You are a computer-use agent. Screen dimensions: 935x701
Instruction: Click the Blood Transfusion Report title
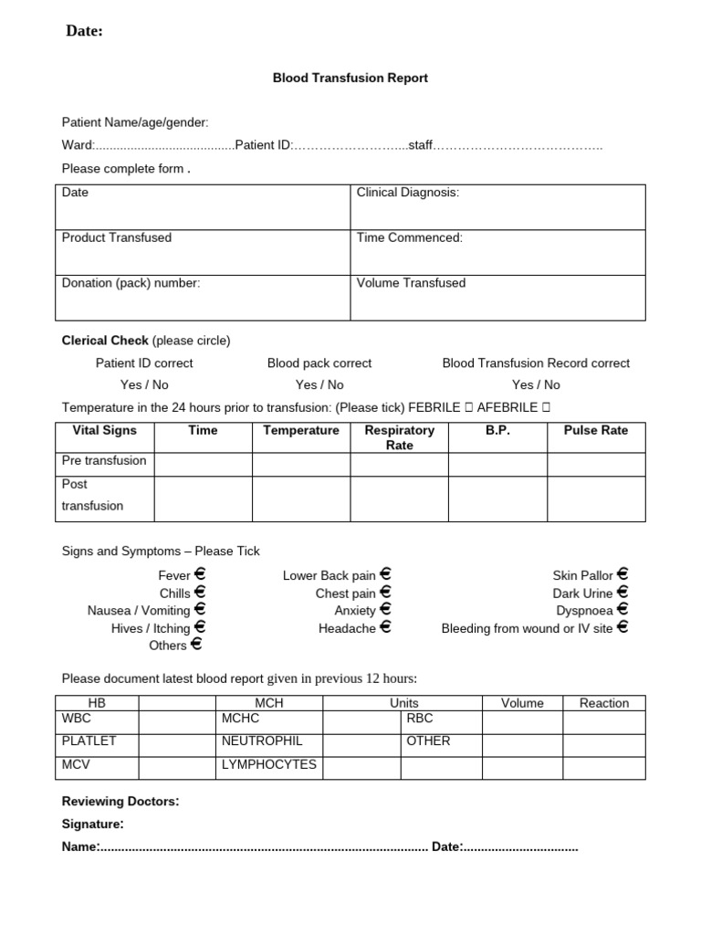[350, 79]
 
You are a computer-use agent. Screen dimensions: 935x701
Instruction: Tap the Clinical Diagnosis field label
[407, 193]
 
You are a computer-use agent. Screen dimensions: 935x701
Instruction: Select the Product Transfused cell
[117, 238]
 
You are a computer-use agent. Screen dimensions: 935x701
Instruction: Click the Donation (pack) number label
[131, 283]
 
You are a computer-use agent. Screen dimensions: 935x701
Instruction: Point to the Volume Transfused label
[411, 283]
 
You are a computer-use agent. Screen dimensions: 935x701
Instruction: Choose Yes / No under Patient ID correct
[144, 385]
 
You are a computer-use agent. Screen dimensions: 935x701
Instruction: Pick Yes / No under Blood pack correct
[319, 385]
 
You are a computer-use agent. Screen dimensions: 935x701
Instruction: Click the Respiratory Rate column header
[399, 437]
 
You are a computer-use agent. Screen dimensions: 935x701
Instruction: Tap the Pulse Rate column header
[596, 430]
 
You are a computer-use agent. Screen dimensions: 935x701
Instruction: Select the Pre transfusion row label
[104, 461]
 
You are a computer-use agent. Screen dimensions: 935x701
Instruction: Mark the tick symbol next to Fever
[200, 575]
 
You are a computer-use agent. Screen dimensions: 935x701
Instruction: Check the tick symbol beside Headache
[385, 627]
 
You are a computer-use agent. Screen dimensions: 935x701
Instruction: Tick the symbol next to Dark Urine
[623, 593]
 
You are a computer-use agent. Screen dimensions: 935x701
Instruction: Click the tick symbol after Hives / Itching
[200, 627]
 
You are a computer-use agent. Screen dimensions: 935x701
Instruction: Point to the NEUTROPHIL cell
[262, 741]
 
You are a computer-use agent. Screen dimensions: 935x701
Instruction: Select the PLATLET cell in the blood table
[89, 741]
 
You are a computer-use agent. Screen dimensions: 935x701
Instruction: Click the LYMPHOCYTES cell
[269, 764]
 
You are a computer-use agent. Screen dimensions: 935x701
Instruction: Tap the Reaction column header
[603, 703]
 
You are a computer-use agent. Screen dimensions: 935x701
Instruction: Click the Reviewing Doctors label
[120, 802]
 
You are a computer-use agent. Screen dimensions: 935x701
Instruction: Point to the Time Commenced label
[410, 238]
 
